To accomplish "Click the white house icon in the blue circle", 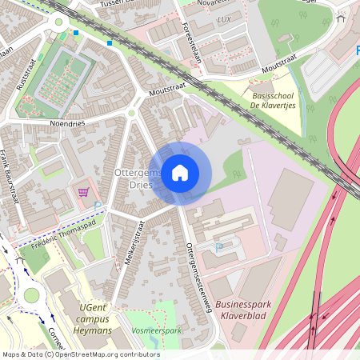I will coord(180,173).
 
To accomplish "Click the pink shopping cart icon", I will coord(83,192).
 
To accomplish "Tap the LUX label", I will coord(224,19).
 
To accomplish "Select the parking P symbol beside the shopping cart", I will coord(98,206).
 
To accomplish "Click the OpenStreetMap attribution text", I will coord(80,354).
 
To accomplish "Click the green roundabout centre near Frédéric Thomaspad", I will coord(31,295).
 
